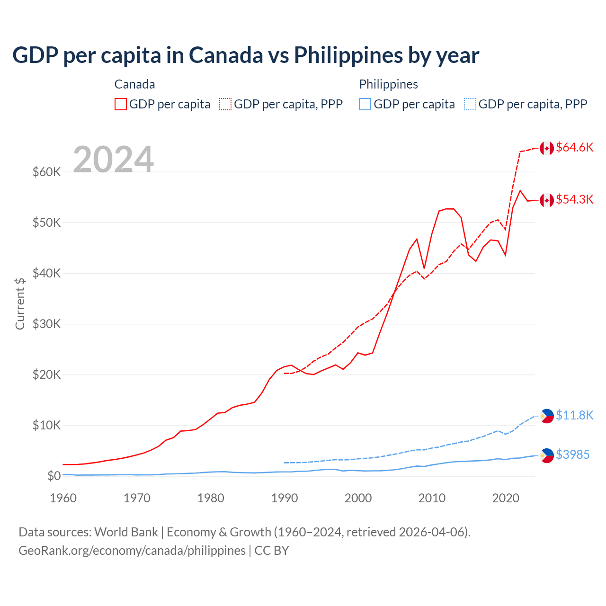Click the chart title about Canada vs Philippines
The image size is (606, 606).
(x=246, y=55)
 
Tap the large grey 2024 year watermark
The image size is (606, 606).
(x=113, y=160)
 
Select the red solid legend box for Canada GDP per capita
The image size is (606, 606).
(x=121, y=104)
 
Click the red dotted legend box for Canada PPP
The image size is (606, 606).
(x=225, y=104)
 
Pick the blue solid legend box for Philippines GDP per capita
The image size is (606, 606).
(x=365, y=104)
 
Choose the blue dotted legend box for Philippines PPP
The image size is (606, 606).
(x=470, y=104)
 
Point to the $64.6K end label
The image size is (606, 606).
(x=574, y=147)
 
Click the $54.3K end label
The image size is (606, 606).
(x=574, y=199)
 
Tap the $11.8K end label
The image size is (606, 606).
(x=574, y=415)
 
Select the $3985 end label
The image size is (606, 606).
(x=572, y=454)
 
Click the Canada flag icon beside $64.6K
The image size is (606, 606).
(x=547, y=148)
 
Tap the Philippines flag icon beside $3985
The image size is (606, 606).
(x=547, y=455)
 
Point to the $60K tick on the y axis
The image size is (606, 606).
(x=46, y=172)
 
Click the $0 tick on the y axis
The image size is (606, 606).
(x=54, y=476)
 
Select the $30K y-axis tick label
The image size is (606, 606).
(x=46, y=324)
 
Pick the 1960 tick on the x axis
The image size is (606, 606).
(x=63, y=498)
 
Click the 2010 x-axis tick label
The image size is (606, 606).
(x=432, y=498)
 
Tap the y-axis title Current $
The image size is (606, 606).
(x=20, y=303)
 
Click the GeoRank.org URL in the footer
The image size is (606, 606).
(x=132, y=551)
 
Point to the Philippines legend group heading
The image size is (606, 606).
(x=388, y=84)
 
